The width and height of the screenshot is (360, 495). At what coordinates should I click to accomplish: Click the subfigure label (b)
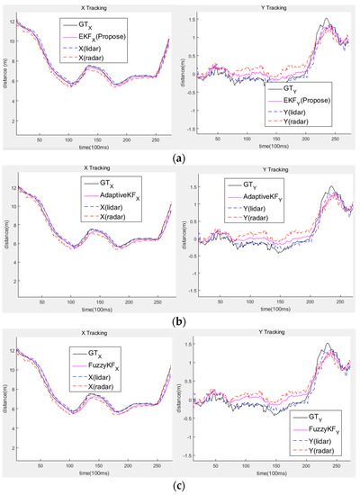179,321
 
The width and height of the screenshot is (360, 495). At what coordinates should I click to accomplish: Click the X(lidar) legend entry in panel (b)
98,207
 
